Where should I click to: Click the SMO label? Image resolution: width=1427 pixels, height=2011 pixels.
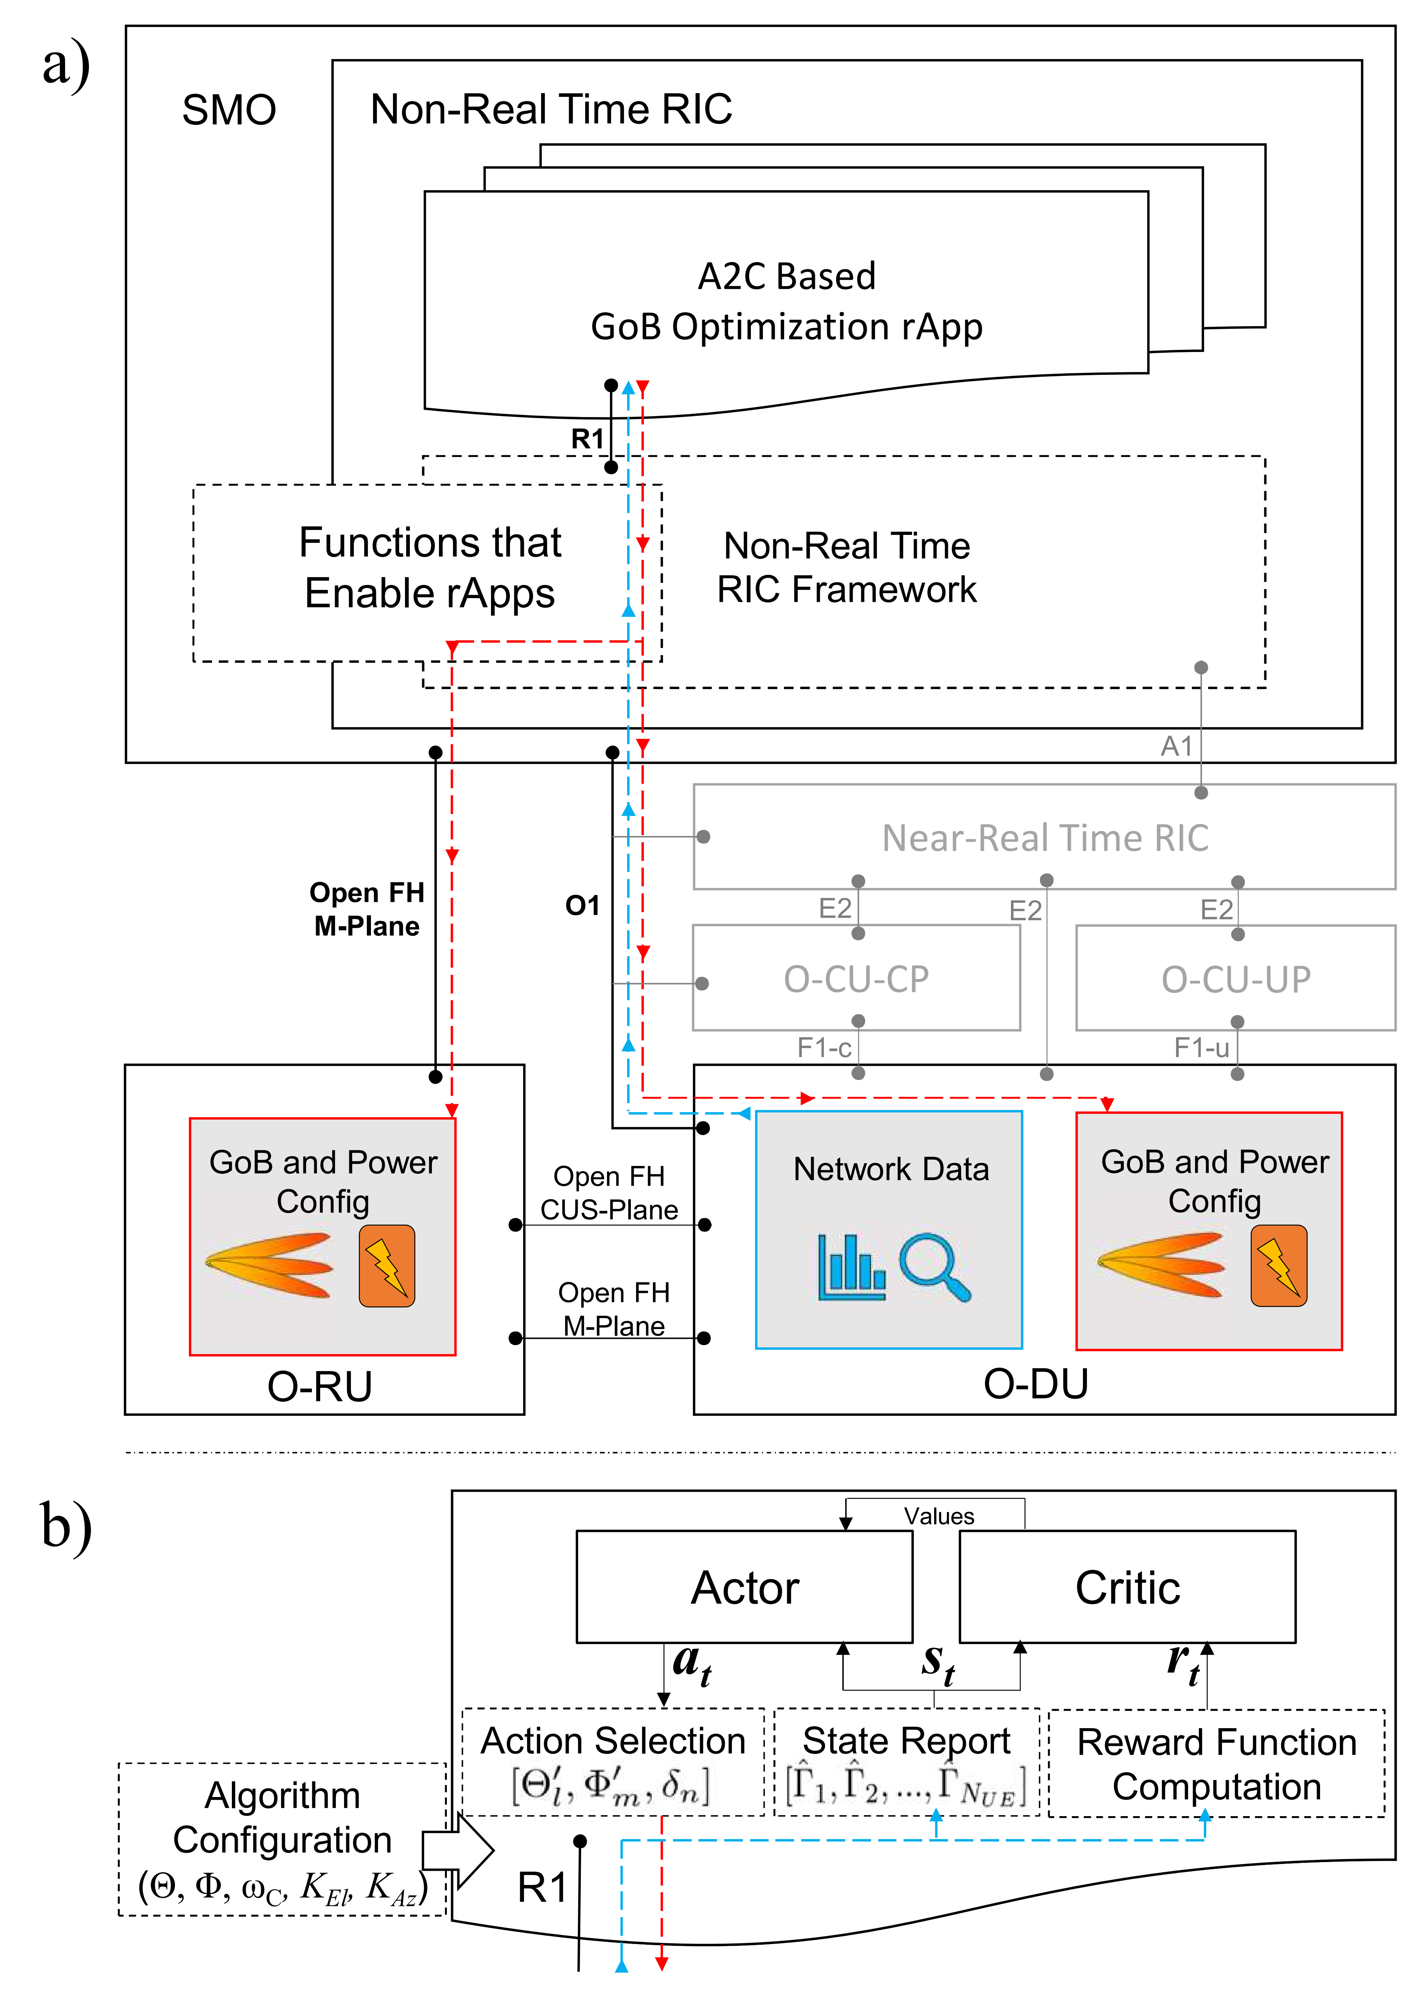point(228,111)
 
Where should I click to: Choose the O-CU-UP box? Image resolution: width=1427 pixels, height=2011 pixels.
point(1236,978)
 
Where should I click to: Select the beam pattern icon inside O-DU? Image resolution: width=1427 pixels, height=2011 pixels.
point(1160,1265)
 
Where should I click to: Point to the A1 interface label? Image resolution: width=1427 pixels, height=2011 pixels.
point(1176,746)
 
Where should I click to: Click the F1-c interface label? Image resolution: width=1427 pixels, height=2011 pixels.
point(823,1048)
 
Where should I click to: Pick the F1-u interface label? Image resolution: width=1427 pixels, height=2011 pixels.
point(1201,1048)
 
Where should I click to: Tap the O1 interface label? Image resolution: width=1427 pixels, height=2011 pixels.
point(582,905)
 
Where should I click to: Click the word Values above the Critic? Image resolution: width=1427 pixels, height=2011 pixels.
point(939,1516)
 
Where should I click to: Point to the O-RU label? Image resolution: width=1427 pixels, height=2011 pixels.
point(320,1386)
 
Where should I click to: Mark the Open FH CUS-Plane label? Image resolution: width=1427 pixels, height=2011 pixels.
point(609,1193)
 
